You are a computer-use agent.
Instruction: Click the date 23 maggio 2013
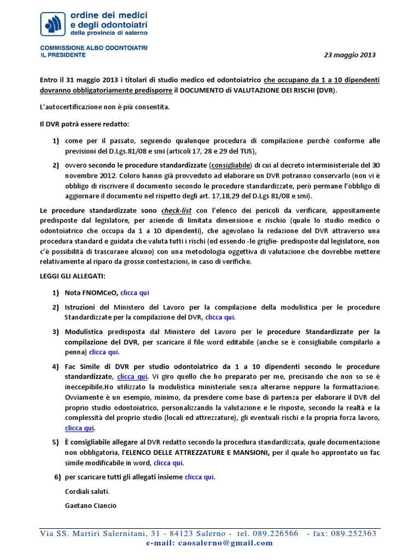coord(350,55)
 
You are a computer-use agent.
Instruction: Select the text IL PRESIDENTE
coord(63,55)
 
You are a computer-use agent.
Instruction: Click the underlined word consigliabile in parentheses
coord(231,165)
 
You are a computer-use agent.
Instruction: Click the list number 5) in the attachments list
coord(55,442)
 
